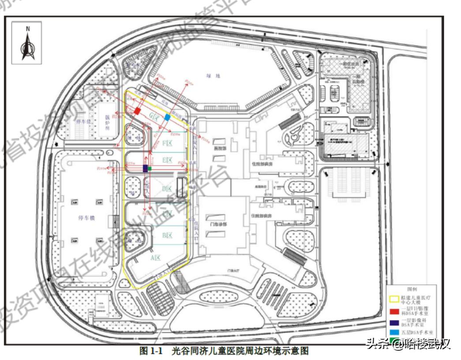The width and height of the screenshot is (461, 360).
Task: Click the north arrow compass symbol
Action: click(27, 44)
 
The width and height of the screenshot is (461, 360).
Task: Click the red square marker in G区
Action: click(137, 111)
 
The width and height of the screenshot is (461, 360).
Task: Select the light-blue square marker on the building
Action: click(167, 117)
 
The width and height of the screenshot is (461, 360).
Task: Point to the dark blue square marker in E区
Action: click(145, 168)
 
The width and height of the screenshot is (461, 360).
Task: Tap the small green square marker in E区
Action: click(150, 168)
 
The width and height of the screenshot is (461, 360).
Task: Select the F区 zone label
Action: click(167, 143)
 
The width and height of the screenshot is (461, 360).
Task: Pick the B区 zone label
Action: click(167, 235)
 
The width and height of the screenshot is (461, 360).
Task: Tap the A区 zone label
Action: click(155, 257)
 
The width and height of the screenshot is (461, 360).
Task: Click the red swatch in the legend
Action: click(396, 312)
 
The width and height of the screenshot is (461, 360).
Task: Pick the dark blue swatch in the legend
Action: click(396, 322)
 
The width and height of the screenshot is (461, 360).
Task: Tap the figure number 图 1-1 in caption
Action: click(151, 351)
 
